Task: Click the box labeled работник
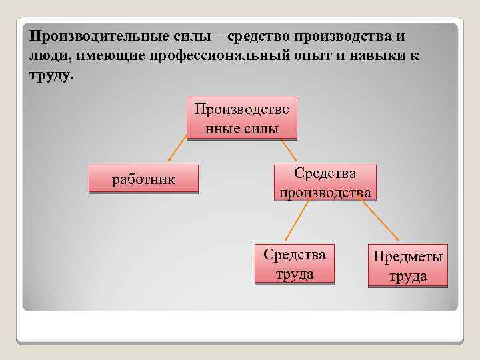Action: click(x=143, y=179)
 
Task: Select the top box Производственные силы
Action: click(x=241, y=119)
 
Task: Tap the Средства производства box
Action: click(x=325, y=183)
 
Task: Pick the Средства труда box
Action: click(x=294, y=265)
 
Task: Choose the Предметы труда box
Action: click(x=407, y=267)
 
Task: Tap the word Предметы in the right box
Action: click(x=407, y=257)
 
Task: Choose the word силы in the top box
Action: click(x=261, y=128)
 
